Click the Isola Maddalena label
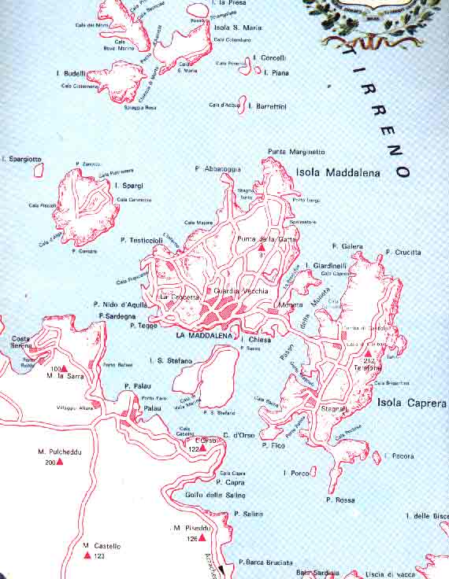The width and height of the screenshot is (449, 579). [x=337, y=172]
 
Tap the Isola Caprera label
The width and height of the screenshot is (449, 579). [x=411, y=403]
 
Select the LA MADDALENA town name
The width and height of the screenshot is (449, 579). [x=202, y=337]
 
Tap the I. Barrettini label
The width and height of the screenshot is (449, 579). [x=267, y=105]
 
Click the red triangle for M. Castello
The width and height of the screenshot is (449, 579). [x=87, y=555]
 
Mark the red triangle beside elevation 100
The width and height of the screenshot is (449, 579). [x=65, y=367]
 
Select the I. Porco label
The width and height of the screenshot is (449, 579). [x=295, y=473]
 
